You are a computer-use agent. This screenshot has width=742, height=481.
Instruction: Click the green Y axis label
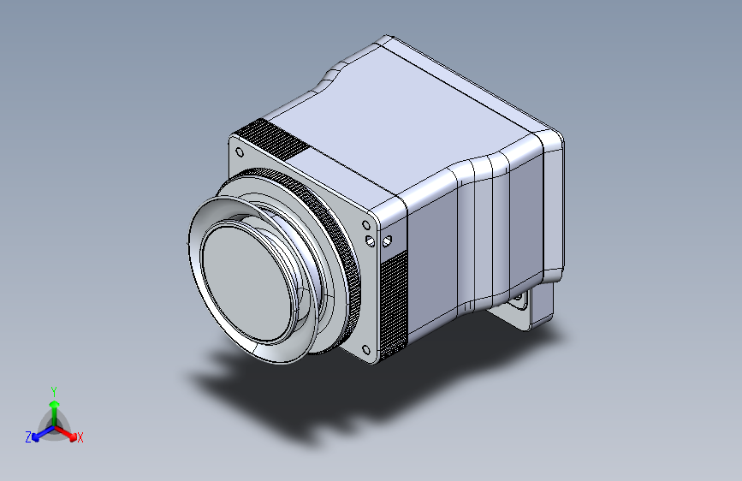pyautogui.click(x=53, y=389)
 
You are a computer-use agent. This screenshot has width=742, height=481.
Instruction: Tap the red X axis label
pyautogui.click(x=80, y=438)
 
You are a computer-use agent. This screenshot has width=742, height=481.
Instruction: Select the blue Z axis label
pyautogui.click(x=28, y=437)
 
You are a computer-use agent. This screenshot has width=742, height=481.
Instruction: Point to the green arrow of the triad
pyautogui.click(x=54, y=406)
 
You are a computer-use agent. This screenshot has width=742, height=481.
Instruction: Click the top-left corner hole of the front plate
pyautogui.click(x=240, y=153)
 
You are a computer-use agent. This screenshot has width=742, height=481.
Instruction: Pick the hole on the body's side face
pyautogui.click(x=386, y=240)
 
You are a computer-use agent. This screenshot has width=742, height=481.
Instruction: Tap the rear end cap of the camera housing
pyautogui.click(x=552, y=205)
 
